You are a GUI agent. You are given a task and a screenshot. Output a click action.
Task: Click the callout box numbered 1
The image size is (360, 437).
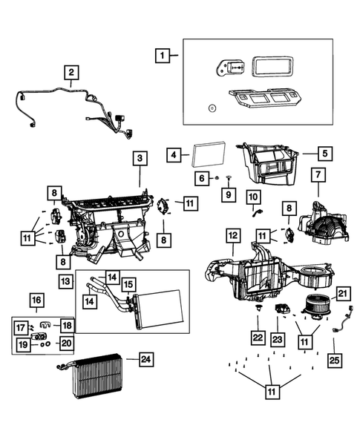pyautogui.click(x=163, y=54)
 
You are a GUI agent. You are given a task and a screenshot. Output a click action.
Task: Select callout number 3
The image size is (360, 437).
pyautogui.click(x=139, y=158)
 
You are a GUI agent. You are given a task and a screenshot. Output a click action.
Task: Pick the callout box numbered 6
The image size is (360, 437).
pyautogui.click(x=201, y=178)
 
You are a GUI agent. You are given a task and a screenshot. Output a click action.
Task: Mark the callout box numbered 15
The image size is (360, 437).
pyautogui.click(x=128, y=284)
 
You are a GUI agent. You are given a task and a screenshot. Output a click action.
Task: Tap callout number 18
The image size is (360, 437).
pyautogui.click(x=66, y=325)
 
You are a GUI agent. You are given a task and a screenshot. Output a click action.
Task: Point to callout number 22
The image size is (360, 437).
pyautogui.click(x=256, y=338)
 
